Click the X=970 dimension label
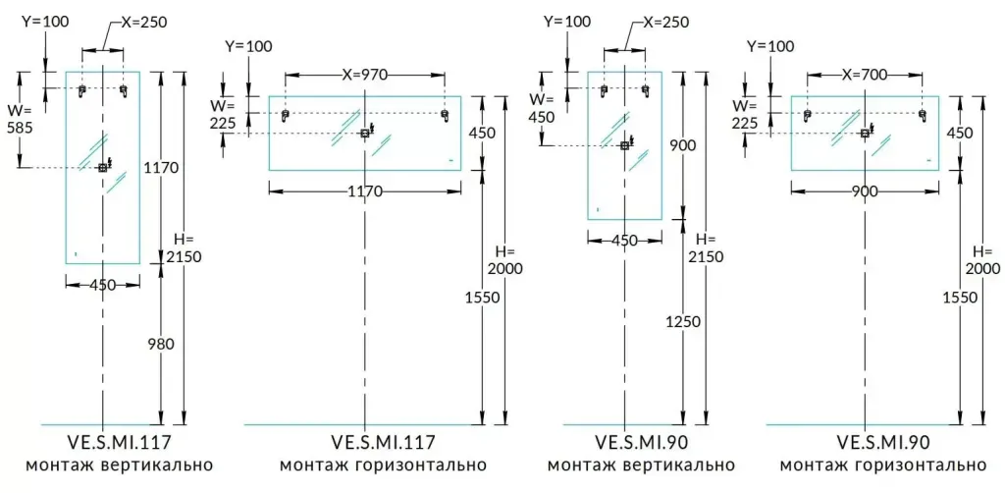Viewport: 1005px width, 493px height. pos(364,73)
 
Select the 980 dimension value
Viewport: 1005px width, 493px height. pos(160,344)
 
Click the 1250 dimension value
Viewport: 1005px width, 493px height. pos(681,320)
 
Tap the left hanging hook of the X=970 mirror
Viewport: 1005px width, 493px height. pos(286,115)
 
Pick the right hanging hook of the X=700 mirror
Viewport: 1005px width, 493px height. pos(922,115)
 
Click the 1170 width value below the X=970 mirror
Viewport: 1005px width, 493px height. pos(364,192)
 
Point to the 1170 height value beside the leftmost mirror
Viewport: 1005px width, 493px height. pos(160,168)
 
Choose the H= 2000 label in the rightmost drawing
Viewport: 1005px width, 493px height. pos(984,259)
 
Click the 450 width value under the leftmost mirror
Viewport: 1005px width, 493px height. pos(102,285)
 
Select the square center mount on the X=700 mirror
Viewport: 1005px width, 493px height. pos(864,133)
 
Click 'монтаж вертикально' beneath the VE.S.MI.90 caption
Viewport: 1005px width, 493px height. pos(639,465)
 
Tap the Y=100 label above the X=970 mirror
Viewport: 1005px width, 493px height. pos(248,46)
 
